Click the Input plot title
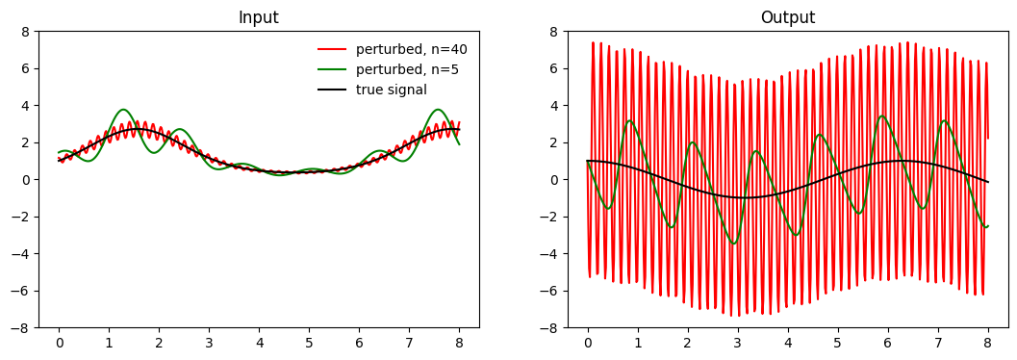pos(259,17)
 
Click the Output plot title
pos(788,17)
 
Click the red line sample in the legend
pos(331,49)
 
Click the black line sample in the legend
pos(331,90)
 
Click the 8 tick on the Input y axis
pos(27,31)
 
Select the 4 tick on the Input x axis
pos(260,341)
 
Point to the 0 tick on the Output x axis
pos(588,341)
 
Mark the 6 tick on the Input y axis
pos(27,68)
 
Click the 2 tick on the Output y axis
pos(555,142)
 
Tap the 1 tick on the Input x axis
pos(109,341)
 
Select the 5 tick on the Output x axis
pos(838,341)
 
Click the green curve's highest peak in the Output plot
pos(882,116)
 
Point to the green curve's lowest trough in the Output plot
pos(734,244)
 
